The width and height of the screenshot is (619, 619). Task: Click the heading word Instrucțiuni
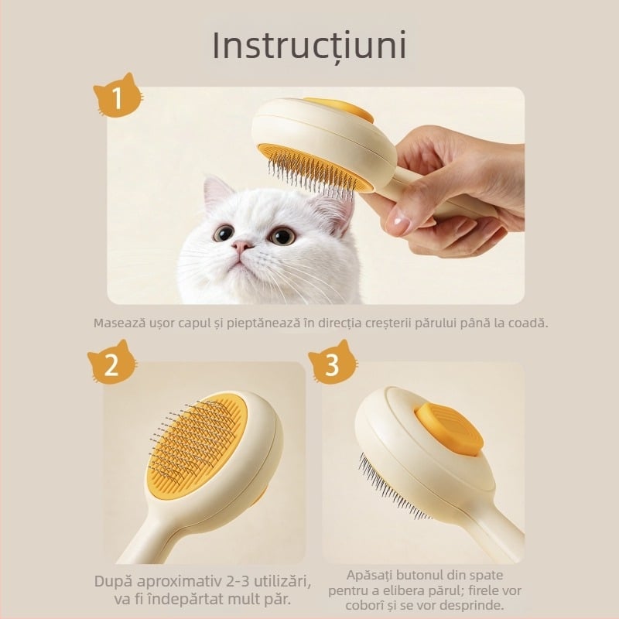click(309, 46)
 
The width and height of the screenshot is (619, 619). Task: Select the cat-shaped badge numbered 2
click(111, 364)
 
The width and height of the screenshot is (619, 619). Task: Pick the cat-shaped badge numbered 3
click(332, 364)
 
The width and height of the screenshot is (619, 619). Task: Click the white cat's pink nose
click(242, 247)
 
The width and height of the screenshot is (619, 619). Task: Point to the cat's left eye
click(224, 232)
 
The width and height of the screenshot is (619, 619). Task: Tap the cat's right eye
click(280, 235)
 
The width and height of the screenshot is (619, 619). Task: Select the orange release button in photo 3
click(449, 429)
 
